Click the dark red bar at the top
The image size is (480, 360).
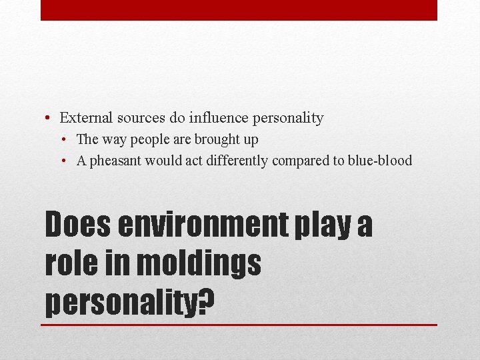(239, 10)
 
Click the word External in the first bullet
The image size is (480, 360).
(85, 118)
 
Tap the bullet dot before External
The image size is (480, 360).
(49, 119)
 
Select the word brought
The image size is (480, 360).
(215, 139)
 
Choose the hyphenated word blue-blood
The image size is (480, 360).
(379, 161)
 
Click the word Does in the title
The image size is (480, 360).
(79, 225)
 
